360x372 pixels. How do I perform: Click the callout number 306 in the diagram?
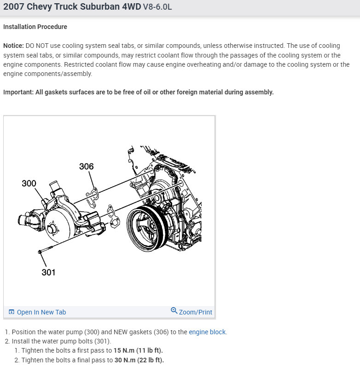[x=86, y=166]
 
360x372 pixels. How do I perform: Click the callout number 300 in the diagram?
[x=29, y=183]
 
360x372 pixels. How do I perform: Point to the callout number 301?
[x=48, y=272]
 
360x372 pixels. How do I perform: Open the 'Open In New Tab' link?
[x=41, y=312]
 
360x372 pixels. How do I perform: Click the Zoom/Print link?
[x=195, y=312]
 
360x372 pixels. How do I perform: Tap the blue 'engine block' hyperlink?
[x=207, y=332]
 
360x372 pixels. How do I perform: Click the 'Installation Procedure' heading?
[x=35, y=27]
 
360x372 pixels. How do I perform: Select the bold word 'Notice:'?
[x=13, y=46]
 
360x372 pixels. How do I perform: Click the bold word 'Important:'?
[x=18, y=92]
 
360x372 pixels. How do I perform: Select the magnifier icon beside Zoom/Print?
[x=174, y=311]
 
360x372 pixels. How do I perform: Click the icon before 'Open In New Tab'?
[x=12, y=312]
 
